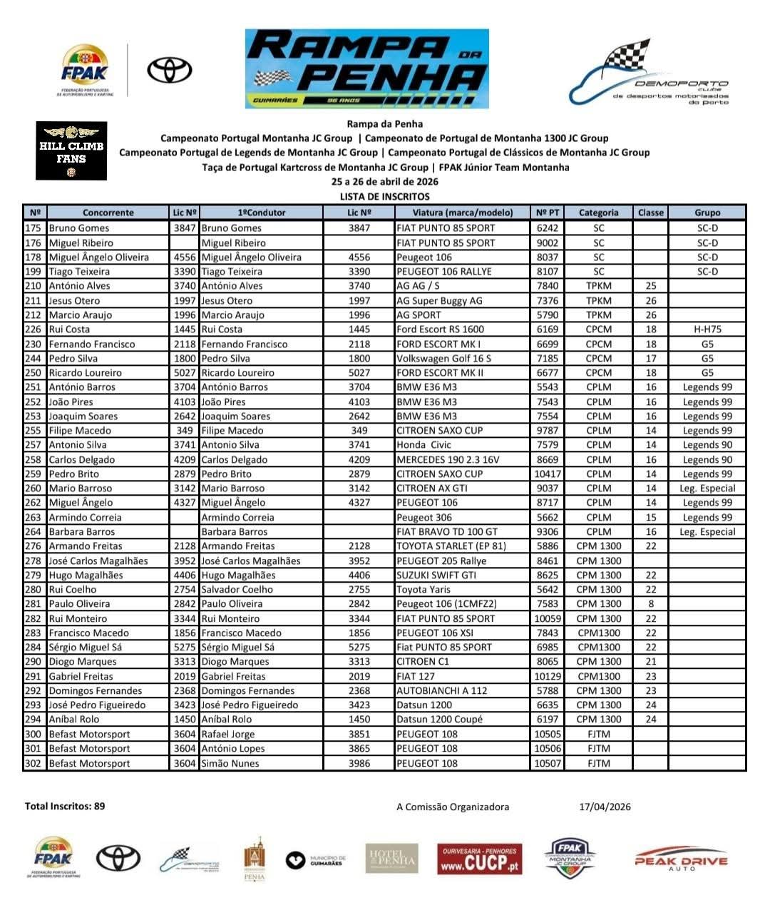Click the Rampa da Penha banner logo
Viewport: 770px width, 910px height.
point(367,68)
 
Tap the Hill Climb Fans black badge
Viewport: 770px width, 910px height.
point(71,150)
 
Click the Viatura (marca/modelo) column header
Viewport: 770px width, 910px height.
point(462,213)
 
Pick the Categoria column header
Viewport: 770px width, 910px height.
point(598,213)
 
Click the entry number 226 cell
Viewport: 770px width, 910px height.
point(34,329)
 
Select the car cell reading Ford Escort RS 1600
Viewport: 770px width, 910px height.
point(440,329)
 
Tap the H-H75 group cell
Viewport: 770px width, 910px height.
point(707,329)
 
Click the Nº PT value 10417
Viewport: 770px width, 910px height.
point(547,474)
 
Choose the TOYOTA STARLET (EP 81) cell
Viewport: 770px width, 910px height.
point(451,546)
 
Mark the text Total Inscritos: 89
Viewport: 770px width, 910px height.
point(65,806)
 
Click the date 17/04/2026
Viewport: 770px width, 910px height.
point(605,807)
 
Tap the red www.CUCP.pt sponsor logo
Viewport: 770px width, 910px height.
point(479,859)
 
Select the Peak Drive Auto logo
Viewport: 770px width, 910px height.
point(680,859)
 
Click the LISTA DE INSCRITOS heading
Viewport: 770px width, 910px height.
point(385,196)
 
